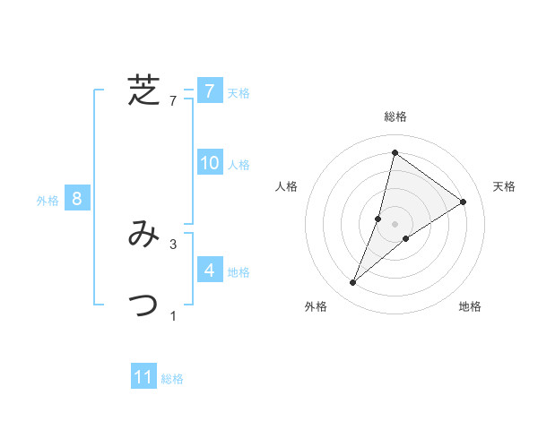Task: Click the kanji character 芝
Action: (x=143, y=90)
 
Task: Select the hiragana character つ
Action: (x=143, y=305)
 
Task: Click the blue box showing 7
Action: (x=209, y=91)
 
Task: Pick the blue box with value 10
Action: (x=209, y=163)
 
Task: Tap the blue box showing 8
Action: (x=77, y=198)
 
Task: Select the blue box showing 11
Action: (x=143, y=377)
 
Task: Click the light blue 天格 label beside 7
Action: (x=239, y=92)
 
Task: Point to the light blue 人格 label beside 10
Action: (x=239, y=164)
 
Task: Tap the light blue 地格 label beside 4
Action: (x=239, y=271)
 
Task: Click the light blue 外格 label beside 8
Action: (x=48, y=201)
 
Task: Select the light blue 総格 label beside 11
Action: (x=172, y=379)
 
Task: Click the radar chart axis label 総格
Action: (x=395, y=117)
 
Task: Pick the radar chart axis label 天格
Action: (x=504, y=186)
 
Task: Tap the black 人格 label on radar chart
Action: (x=287, y=186)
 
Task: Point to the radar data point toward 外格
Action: (x=353, y=283)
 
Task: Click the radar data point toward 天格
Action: (x=464, y=202)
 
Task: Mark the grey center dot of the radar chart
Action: (x=395, y=223)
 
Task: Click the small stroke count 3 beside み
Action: (x=173, y=244)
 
